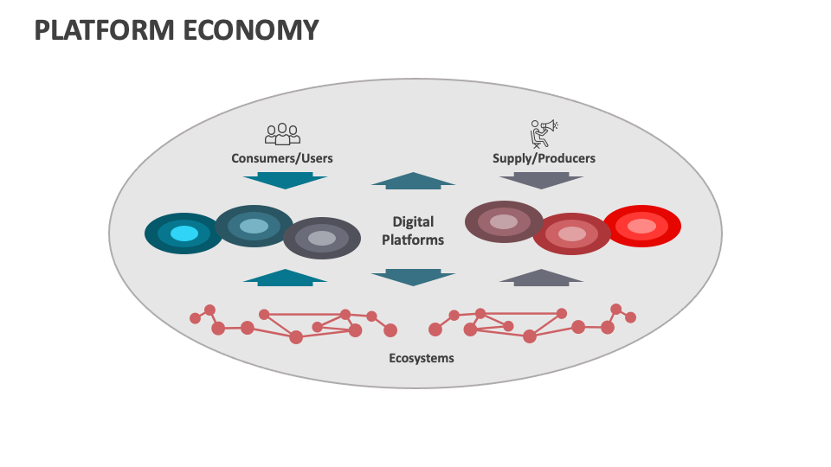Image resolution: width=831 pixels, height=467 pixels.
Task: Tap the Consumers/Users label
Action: click(282, 158)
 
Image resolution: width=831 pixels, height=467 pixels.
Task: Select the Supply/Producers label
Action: click(544, 158)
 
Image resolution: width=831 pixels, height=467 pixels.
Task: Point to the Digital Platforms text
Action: click(413, 231)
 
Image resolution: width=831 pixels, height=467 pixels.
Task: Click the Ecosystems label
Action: click(421, 357)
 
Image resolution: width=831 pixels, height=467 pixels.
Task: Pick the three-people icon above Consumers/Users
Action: click(282, 133)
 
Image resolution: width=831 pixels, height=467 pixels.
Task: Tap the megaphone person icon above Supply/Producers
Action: click(544, 132)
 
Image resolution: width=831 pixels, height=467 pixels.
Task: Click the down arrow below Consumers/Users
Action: click(285, 181)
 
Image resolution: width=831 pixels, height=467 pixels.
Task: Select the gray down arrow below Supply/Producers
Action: click(542, 181)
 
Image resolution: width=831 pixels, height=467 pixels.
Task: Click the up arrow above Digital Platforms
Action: click(413, 180)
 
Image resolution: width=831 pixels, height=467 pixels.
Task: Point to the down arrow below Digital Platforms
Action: click(413, 277)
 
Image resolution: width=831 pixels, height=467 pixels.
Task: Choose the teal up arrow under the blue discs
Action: click(285, 277)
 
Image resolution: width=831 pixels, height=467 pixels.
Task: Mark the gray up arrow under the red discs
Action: click(542, 277)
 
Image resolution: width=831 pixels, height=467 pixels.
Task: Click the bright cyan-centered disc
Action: click(184, 233)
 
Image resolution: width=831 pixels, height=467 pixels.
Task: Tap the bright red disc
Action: click(642, 226)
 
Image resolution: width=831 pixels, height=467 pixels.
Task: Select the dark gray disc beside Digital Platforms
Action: click(322, 238)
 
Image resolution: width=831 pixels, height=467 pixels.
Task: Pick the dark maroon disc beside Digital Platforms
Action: click(504, 221)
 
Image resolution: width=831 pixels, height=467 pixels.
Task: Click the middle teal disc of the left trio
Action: click(254, 226)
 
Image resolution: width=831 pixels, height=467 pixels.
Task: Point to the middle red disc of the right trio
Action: click(572, 233)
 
